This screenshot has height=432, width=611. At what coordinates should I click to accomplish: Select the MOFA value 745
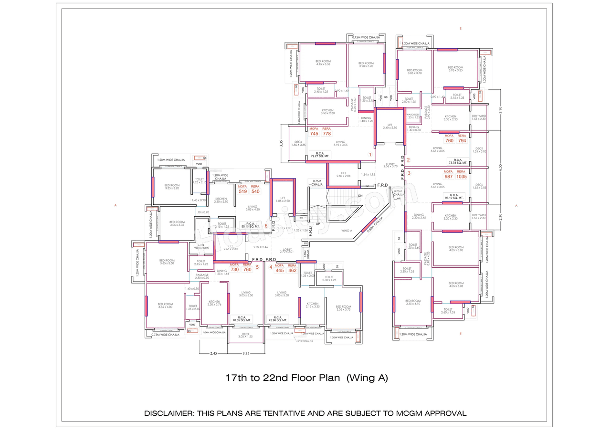click(314, 134)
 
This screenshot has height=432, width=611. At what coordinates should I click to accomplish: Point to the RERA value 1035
click(461, 177)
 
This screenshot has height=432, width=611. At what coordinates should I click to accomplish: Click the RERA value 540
click(255, 191)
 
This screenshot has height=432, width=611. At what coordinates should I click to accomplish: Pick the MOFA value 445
click(280, 271)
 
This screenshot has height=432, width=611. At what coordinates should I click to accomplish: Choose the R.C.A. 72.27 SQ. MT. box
click(320, 154)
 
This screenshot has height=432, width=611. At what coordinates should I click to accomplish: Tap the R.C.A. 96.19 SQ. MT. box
click(458, 195)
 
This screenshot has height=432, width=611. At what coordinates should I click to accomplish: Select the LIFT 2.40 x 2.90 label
click(390, 126)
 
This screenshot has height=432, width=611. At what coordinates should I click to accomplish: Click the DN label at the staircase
click(360, 196)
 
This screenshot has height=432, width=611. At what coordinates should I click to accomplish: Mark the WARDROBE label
click(413, 116)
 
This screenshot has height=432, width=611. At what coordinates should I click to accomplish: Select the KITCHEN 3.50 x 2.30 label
click(327, 111)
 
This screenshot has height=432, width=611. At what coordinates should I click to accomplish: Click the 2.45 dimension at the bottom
click(213, 354)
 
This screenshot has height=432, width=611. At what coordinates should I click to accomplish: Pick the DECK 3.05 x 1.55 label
click(246, 335)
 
